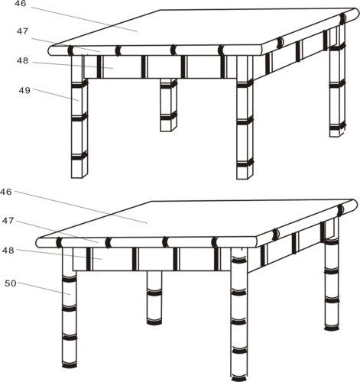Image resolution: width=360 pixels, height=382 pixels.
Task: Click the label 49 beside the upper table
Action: [x=24, y=90]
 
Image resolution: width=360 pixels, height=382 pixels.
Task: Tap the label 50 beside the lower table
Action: [x=11, y=283]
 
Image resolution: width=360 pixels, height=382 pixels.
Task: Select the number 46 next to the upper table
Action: [x=20, y=4]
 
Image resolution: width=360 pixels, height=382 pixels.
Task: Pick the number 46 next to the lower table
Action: [x=5, y=192]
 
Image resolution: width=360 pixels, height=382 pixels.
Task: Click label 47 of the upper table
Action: [x=22, y=31]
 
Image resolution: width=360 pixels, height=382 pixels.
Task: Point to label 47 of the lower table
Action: [x=8, y=221]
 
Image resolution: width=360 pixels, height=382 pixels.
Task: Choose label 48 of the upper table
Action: [x=22, y=61]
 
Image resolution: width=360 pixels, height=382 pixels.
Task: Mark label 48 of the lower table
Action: [x=8, y=251]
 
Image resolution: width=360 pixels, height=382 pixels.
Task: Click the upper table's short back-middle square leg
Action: [x=168, y=105]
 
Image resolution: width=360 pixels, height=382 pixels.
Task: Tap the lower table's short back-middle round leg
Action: [x=154, y=297]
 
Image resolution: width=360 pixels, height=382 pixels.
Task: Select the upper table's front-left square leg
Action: [x=79, y=116]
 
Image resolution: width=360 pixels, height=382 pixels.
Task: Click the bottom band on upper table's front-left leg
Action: [x=79, y=156]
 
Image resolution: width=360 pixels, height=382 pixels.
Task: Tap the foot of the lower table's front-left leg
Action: [x=70, y=365]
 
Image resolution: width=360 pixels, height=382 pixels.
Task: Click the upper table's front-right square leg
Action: [x=245, y=117]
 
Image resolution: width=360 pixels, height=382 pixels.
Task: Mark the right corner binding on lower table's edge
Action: [x=341, y=210]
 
